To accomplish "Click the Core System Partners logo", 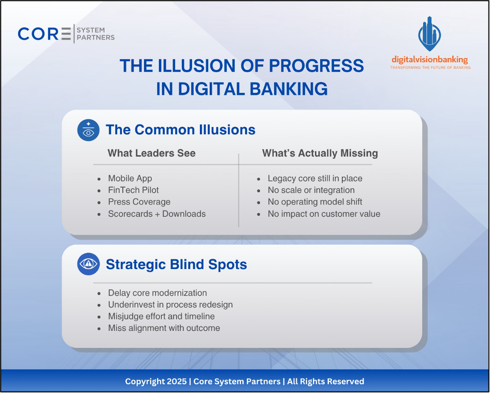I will pos(66,34).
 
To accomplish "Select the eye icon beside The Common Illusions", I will pos(88,130).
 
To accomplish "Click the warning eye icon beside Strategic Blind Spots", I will pos(88,264).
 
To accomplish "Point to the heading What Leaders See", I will pos(151,153).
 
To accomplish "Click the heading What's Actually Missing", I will pos(320,153).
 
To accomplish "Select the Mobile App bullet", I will pos(130,178).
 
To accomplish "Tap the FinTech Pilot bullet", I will pos(133,190).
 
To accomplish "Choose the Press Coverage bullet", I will pos(139,202).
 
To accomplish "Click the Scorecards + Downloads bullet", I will pos(156,214).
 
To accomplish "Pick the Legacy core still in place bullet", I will pos(314,178).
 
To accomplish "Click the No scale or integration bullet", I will pos(311,190).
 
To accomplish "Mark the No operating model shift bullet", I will pos(314,202).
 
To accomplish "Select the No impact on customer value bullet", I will pos(324,214).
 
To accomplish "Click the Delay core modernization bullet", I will pos(157,293).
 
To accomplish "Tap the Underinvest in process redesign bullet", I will pos(170,305).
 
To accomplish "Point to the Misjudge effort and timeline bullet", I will pos(161,316).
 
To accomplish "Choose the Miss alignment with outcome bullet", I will pos(164,328).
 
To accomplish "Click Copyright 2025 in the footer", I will pos(155,382).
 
